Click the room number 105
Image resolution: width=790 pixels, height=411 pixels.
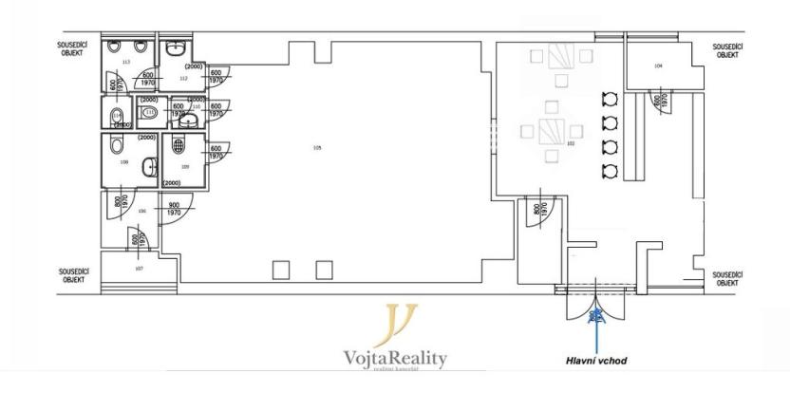317,147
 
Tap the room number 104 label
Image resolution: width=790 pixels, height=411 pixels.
658,65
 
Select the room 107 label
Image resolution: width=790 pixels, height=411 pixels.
139,269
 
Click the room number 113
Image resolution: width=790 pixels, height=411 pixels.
125,62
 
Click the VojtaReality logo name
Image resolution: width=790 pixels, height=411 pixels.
394,358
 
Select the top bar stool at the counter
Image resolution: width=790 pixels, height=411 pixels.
610,99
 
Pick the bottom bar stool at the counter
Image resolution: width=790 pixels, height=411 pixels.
610,170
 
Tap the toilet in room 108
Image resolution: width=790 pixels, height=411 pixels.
115,144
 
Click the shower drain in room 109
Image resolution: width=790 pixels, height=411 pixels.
178,146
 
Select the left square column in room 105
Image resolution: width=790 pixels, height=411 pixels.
281,271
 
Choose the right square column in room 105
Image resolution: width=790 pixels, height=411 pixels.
325,271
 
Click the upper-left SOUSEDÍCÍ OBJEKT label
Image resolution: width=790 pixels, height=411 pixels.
74,48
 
